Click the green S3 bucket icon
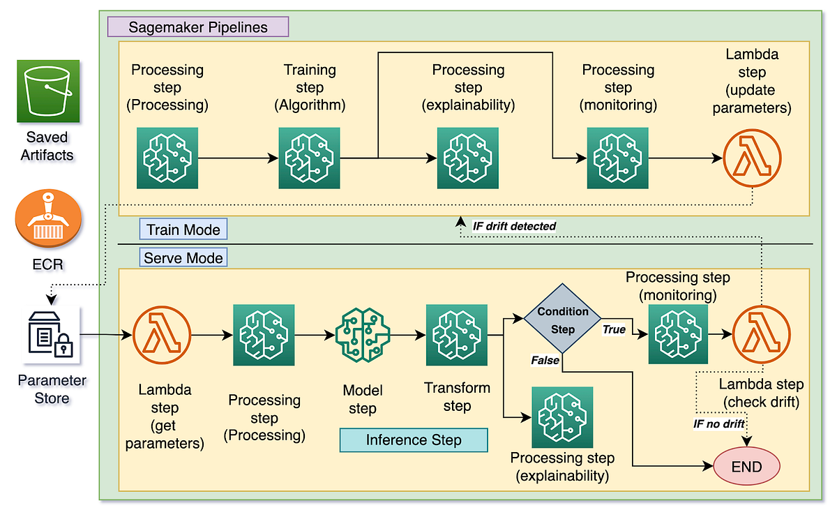pyautogui.click(x=49, y=91)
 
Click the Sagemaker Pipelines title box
pyautogui.click(x=197, y=27)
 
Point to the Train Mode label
pyautogui.click(x=183, y=230)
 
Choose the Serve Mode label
pyautogui.click(x=183, y=258)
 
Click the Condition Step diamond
pyautogui.click(x=562, y=320)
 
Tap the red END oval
pyautogui.click(x=746, y=466)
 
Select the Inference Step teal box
pyautogui.click(x=413, y=440)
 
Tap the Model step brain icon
pyautogui.click(x=361, y=335)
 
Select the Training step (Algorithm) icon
pyautogui.click(x=309, y=158)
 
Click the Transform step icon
pyautogui.click(x=457, y=335)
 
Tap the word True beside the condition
pyautogui.click(x=614, y=330)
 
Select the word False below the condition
pyautogui.click(x=545, y=360)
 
